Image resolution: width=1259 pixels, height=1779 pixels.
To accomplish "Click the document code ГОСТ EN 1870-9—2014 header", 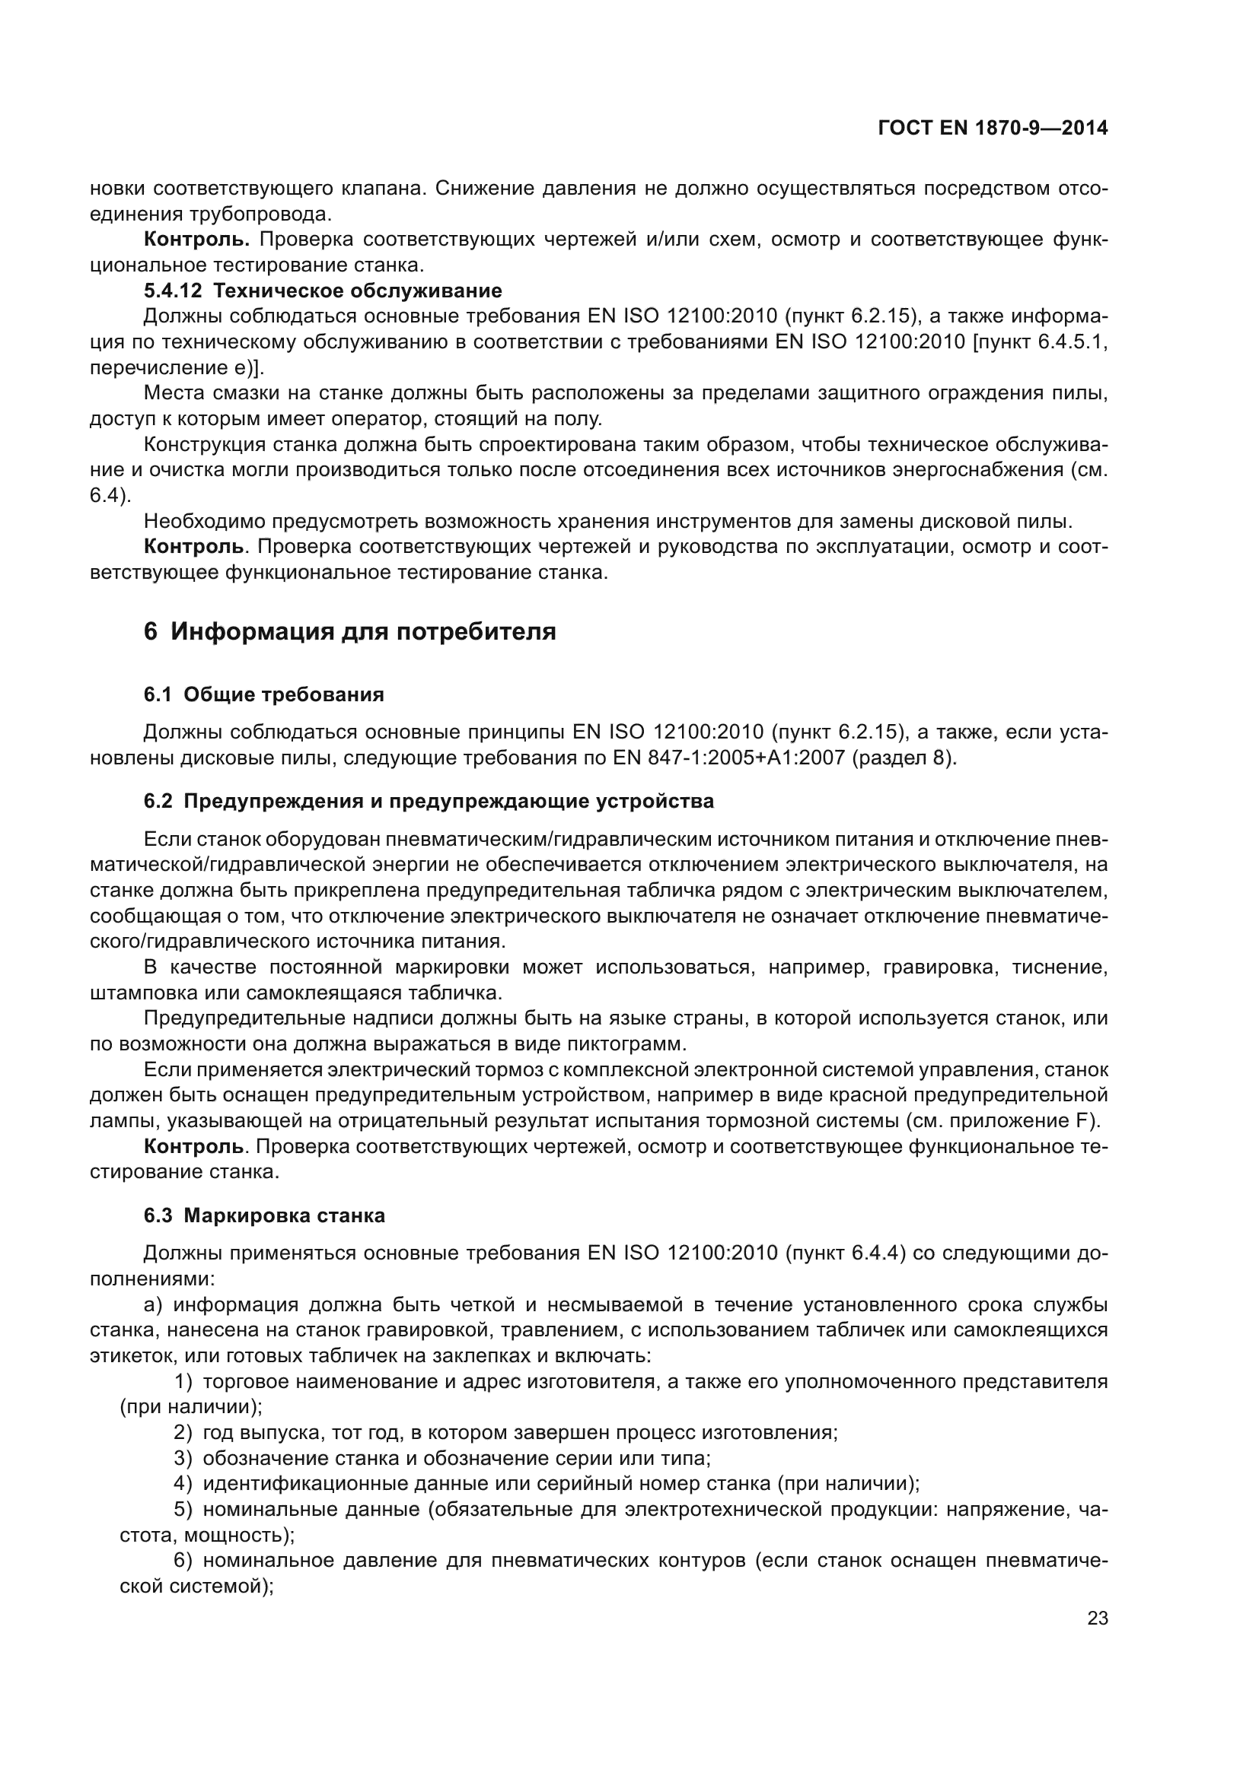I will point(993,129).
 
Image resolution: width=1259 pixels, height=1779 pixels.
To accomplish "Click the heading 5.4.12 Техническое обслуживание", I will point(323,291).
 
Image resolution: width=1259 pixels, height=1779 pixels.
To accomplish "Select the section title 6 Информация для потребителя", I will point(349,631).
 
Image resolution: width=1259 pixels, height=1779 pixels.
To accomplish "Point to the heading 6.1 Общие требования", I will point(263,694).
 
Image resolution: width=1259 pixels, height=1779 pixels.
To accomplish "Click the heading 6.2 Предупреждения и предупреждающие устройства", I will point(429,801).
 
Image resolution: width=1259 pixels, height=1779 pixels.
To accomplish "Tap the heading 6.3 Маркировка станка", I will point(263,1215).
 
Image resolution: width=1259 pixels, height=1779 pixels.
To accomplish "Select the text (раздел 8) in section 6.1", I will point(904,758).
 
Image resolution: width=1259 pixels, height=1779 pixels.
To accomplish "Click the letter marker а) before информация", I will point(153,1305).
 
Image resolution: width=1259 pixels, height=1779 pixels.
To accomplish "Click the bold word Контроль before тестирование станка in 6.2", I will point(194,1146).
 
